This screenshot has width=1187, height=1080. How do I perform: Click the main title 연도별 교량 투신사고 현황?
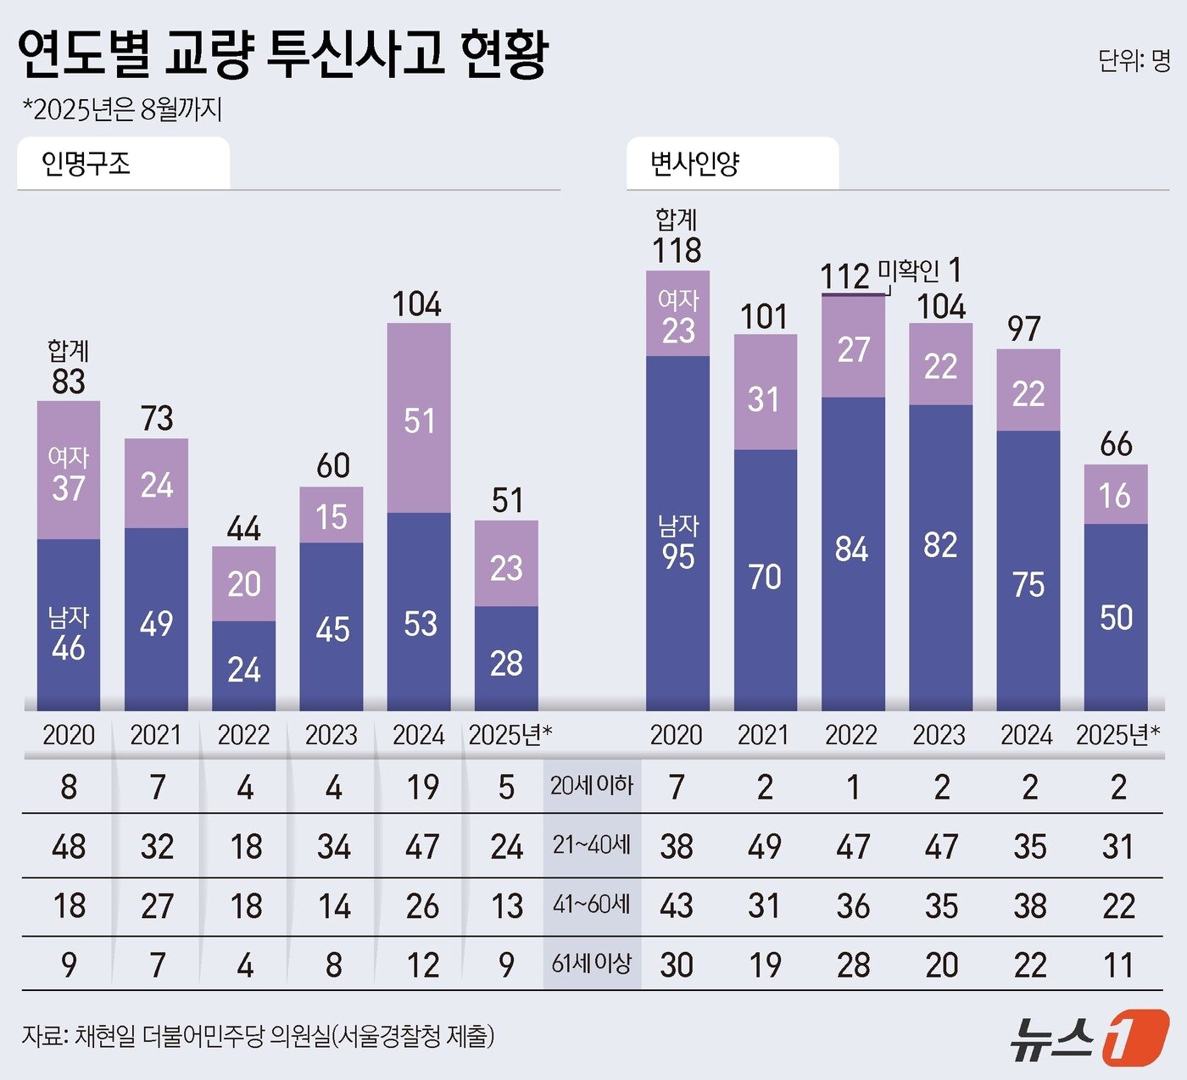(x=283, y=55)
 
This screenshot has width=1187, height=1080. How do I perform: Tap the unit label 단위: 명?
(x=1134, y=60)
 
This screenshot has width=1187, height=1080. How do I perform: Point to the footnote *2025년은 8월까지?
(x=122, y=109)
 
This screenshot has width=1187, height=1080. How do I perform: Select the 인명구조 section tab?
(x=87, y=163)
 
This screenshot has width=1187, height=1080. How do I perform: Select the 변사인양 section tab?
(x=695, y=163)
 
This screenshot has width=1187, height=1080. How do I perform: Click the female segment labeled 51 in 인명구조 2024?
(x=419, y=420)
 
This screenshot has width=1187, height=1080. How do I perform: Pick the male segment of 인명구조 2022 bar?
(x=243, y=667)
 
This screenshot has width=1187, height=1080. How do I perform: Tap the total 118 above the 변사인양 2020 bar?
(x=677, y=251)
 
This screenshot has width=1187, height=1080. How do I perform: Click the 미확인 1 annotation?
(x=919, y=271)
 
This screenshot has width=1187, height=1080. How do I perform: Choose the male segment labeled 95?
(x=677, y=543)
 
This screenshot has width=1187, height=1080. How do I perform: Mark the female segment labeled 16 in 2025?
(x=1115, y=495)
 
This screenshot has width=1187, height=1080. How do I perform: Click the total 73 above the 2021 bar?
(x=157, y=418)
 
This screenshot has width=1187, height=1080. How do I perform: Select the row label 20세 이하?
(x=592, y=786)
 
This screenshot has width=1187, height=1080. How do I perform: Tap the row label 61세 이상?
(x=592, y=964)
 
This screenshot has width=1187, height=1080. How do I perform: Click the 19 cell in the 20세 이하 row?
(x=421, y=788)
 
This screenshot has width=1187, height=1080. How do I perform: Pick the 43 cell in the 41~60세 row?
(x=677, y=906)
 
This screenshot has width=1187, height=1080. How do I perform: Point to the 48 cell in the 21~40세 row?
(x=69, y=847)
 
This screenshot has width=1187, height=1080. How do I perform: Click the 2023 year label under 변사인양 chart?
(x=939, y=735)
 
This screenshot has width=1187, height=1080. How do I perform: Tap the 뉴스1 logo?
(x=1089, y=1036)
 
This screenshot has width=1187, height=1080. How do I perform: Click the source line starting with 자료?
(x=258, y=1036)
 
